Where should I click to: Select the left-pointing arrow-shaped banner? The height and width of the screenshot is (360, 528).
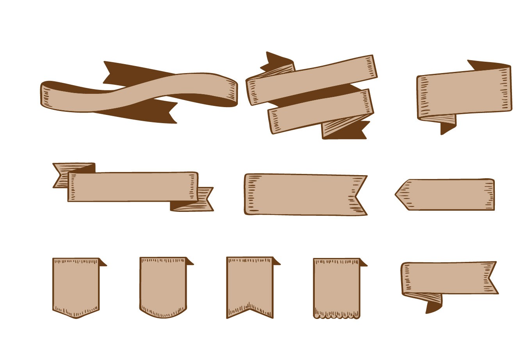click(449, 195)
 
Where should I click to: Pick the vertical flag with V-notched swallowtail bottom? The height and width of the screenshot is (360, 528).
click(250, 283)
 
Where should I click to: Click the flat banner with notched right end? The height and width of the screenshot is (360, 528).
click(301, 194)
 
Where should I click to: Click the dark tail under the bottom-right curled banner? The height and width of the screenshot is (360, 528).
click(433, 307)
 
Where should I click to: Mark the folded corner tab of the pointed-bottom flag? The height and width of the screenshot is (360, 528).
click(102, 263)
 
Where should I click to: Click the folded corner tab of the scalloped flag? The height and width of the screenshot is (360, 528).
click(363, 263)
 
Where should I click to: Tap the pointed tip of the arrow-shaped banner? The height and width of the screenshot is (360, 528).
click(398, 194)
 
